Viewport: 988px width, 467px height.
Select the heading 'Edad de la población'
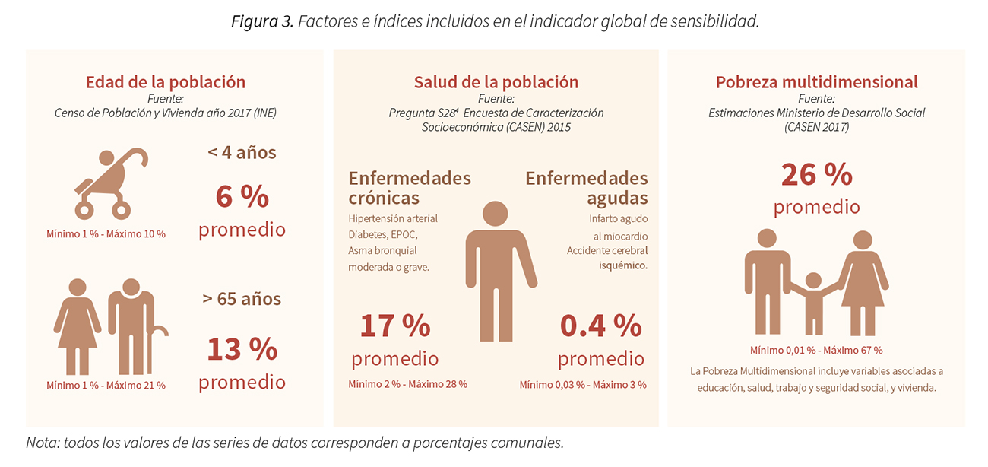[166, 82]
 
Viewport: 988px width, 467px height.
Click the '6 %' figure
[242, 196]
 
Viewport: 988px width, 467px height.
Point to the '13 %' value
[242, 349]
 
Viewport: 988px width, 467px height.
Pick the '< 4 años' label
[242, 152]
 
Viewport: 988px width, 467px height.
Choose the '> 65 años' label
[242, 298]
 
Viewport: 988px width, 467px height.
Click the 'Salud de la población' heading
[496, 82]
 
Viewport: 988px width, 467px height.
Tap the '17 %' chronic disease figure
[394, 326]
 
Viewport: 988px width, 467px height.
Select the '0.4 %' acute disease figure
[600, 326]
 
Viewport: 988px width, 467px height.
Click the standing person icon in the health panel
[496, 270]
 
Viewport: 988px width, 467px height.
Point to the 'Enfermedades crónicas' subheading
[410, 188]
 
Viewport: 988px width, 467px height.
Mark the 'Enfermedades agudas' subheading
[587, 188]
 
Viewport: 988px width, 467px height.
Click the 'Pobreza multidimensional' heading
[816, 82]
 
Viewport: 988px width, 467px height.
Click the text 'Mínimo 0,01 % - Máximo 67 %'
[816, 351]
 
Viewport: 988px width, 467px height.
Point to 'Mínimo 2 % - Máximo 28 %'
[408, 384]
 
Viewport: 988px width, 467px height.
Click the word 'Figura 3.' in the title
[261, 21]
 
